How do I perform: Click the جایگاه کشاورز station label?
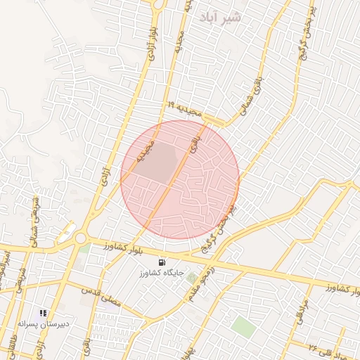pos(164,271)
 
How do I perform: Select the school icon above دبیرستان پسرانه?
pos(44,313)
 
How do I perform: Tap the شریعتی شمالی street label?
pos(32,217)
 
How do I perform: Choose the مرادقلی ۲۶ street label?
pos(324,345)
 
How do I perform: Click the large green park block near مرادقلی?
pos(243,326)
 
